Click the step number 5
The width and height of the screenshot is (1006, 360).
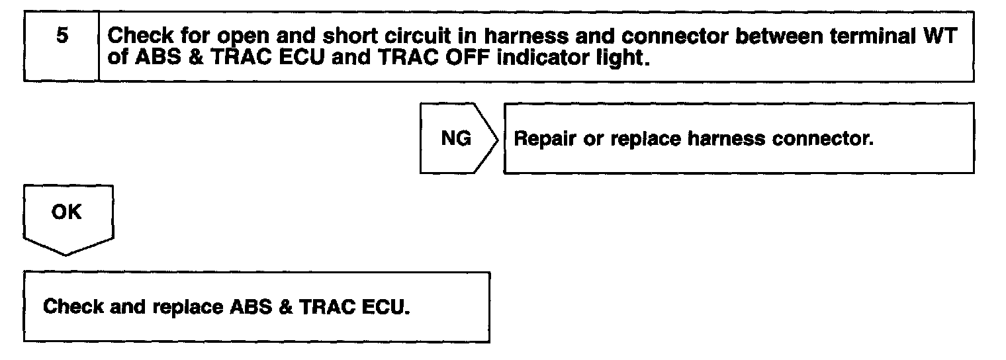click(x=61, y=36)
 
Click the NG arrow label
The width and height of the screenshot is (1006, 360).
click(x=456, y=139)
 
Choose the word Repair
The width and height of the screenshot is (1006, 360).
click(x=543, y=140)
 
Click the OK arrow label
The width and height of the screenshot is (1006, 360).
click(x=67, y=213)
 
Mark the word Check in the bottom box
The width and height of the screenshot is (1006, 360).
click(x=71, y=308)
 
